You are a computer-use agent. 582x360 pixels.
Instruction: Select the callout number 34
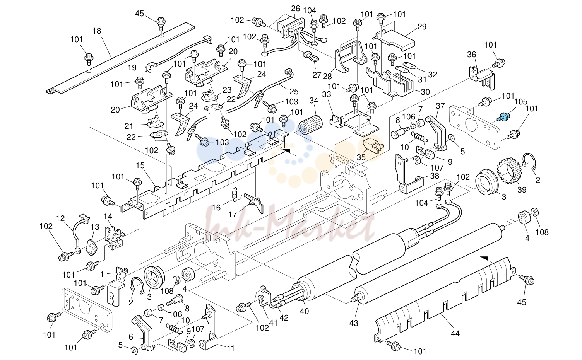(314, 101)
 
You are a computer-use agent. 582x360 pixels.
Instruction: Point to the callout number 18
(97, 31)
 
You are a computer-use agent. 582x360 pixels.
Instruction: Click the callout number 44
(455, 334)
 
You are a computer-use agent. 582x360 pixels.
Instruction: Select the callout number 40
(304, 311)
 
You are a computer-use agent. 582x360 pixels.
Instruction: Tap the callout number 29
(422, 26)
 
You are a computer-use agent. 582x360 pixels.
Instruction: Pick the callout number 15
(140, 165)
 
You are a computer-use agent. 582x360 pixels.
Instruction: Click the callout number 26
(295, 9)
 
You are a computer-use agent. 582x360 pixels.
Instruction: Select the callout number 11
(231, 348)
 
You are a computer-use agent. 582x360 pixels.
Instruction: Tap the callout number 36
(472, 55)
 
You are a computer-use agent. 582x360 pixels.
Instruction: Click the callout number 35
(361, 157)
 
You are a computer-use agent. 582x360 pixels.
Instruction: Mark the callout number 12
(60, 218)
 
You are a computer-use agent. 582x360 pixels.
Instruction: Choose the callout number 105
(521, 101)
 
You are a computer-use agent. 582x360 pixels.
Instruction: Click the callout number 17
(233, 214)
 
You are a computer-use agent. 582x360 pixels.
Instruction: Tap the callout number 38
(435, 176)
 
